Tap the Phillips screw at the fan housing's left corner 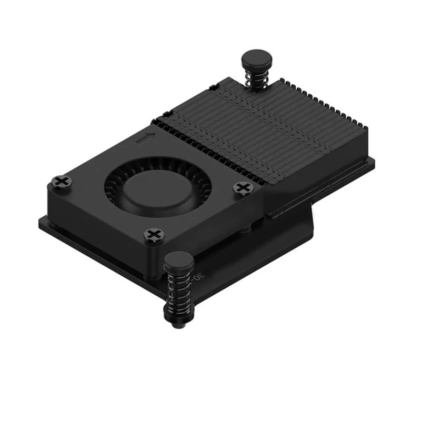(62, 182)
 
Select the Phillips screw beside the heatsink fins (243, 187)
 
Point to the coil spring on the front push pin (179, 292)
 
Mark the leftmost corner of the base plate (40, 221)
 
